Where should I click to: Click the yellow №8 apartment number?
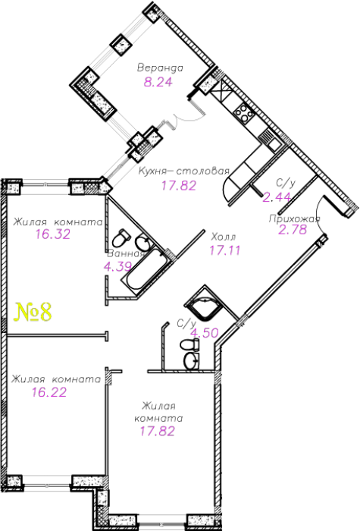(x=33, y=313)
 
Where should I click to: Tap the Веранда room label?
(x=160, y=68)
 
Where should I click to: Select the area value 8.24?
(x=158, y=82)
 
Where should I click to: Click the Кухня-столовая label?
(x=184, y=171)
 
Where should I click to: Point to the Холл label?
(x=224, y=237)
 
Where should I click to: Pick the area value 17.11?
(x=225, y=250)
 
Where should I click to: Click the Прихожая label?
(x=294, y=218)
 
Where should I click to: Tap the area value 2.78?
(x=293, y=230)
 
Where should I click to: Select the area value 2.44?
(x=277, y=197)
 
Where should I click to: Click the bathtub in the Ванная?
(x=147, y=271)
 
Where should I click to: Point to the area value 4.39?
(x=117, y=267)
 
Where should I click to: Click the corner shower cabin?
(x=203, y=303)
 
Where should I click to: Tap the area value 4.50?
(x=205, y=333)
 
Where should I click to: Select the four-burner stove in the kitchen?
(x=243, y=112)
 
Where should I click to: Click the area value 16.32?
(x=53, y=234)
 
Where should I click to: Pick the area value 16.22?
(x=49, y=392)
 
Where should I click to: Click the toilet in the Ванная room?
(x=121, y=238)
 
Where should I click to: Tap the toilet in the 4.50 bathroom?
(x=190, y=345)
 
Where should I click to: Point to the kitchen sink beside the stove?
(x=271, y=139)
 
